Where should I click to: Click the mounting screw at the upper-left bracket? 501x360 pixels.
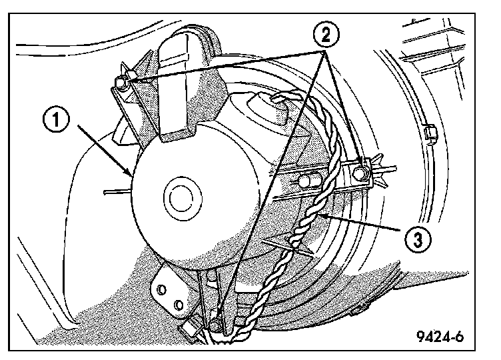click(x=121, y=83)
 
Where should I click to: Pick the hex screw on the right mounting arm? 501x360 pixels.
click(x=360, y=173)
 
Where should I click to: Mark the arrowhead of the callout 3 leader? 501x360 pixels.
click(x=318, y=217)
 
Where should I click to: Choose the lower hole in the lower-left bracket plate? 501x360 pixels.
click(x=178, y=305)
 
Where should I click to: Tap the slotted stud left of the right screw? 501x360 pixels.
click(x=304, y=179)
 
